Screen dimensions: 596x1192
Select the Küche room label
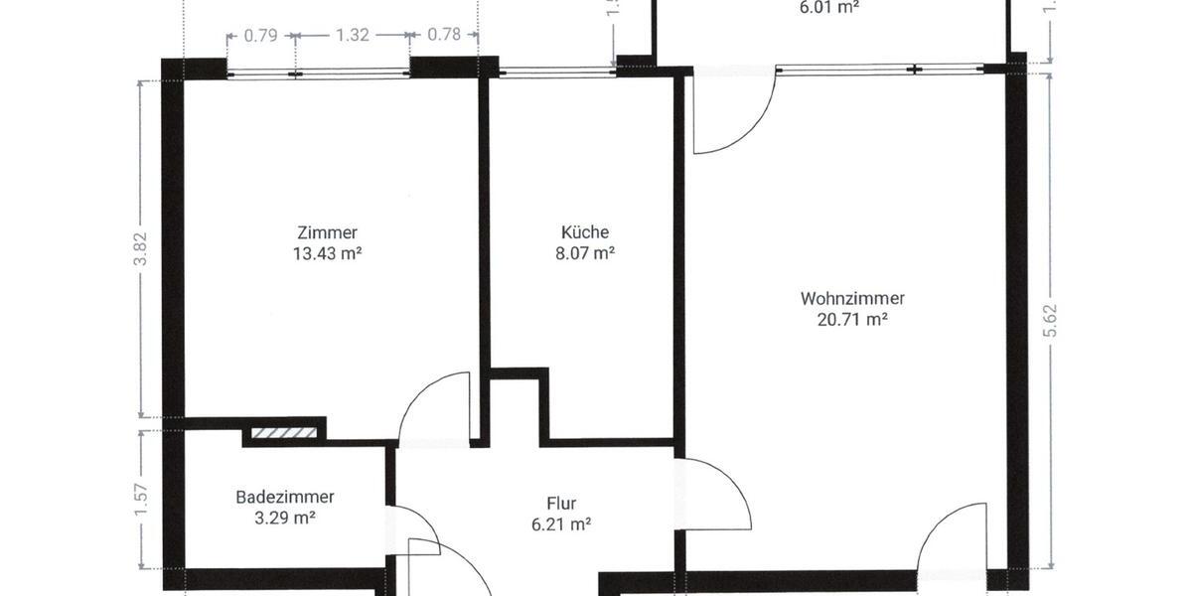585,232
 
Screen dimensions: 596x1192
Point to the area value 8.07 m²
585,253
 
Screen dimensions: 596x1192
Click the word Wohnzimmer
852,298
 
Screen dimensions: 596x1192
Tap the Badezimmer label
285,497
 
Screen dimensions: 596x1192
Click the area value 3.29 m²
285,518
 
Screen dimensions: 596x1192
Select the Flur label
561,504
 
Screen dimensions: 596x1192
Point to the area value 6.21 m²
561,524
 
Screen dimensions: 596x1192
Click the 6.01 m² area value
828,6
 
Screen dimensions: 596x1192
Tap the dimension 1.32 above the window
353,35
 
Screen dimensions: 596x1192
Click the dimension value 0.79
260,35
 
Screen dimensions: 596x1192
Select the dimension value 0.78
444,35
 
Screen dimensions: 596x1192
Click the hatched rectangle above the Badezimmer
283,433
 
